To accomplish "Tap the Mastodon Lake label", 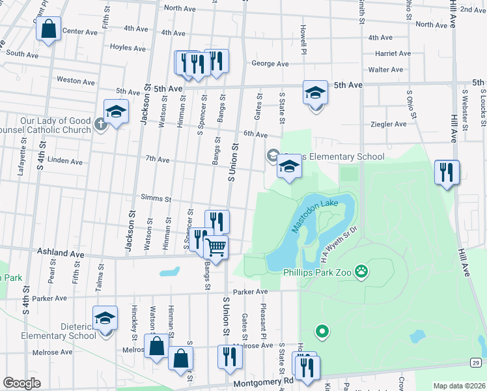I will click(x=315, y=216).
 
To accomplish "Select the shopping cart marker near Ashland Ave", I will click(x=216, y=248).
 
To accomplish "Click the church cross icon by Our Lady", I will click(x=100, y=124).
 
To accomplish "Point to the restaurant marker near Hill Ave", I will click(x=447, y=172).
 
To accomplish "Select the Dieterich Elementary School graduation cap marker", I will click(x=105, y=318).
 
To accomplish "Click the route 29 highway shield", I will click(x=477, y=362).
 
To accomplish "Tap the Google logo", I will click(x=21, y=383).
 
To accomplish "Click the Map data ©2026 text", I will click(x=459, y=386).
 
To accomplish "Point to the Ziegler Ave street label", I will click(x=388, y=124).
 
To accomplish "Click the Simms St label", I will click(x=155, y=199).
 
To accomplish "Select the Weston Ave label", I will click(x=76, y=81).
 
